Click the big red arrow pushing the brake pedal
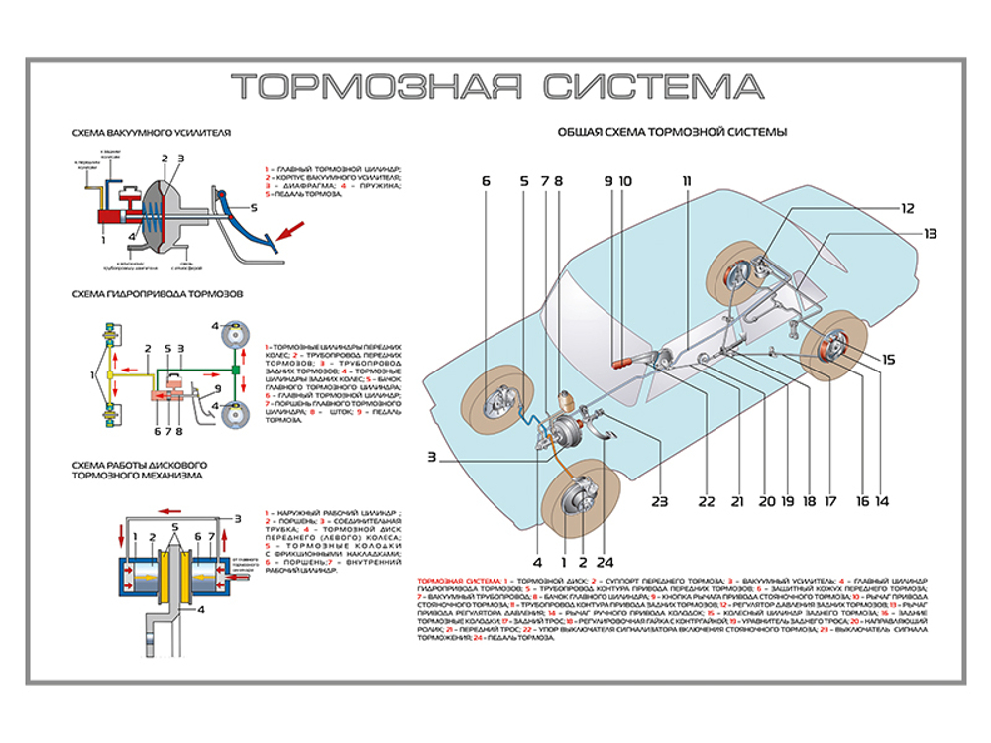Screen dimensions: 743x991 point(288,235)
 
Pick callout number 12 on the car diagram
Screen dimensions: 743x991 point(908,208)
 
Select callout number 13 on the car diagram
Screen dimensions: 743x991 point(930,234)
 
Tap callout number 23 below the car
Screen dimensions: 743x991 point(661,501)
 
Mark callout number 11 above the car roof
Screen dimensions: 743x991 point(686,181)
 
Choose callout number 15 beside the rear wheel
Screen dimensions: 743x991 point(888,360)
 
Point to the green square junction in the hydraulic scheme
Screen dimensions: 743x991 point(238,370)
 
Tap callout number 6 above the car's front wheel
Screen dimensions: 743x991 point(487,181)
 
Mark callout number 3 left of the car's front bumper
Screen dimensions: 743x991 point(432,457)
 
